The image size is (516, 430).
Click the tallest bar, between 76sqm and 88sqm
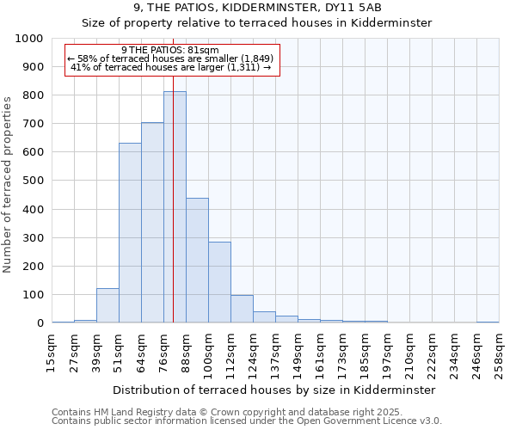pos(175,206)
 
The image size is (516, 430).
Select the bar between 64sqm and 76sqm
pos(152,223)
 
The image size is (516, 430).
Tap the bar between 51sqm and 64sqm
pos(130,233)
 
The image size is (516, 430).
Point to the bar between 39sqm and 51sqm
pos(107,305)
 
